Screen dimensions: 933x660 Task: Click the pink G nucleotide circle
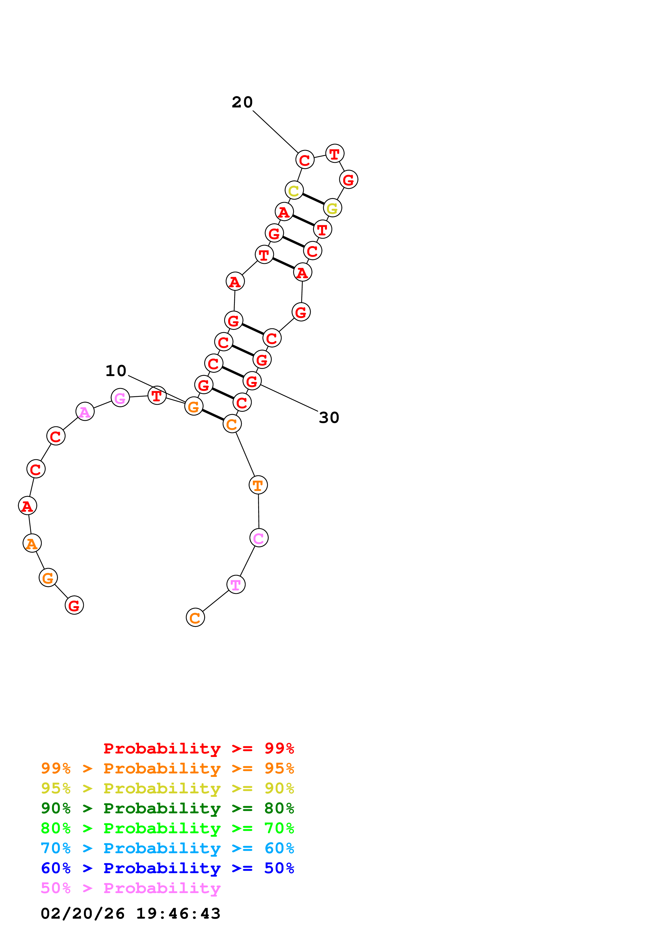coord(120,398)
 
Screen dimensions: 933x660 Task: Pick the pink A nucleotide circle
coord(85,412)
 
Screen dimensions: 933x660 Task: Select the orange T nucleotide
coord(258,485)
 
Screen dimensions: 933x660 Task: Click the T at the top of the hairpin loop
coord(335,154)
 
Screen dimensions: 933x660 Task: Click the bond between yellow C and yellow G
coord(313,199)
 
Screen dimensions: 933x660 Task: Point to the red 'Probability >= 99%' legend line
coord(198,748)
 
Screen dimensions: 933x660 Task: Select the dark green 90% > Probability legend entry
coord(167,808)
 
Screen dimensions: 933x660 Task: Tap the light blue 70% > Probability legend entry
coord(167,848)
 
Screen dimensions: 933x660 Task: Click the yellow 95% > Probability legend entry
coord(167,788)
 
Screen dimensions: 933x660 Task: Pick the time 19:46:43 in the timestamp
coord(178,914)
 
